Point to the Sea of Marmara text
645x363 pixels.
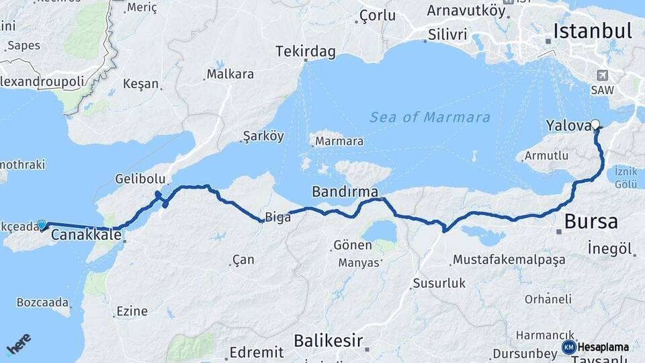pos(430,118)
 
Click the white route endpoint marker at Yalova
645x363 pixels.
pos(595,124)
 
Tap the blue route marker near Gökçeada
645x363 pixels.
pos(42,225)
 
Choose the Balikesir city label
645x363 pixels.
pos(329,340)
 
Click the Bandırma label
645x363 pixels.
pos(345,192)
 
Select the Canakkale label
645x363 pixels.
pos(86,235)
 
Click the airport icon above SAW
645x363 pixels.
pos(601,75)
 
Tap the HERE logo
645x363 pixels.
pos(18,344)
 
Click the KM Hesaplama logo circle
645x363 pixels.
pos(569,347)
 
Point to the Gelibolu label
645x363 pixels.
pos(140,179)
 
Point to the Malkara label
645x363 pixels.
pos(230,73)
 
